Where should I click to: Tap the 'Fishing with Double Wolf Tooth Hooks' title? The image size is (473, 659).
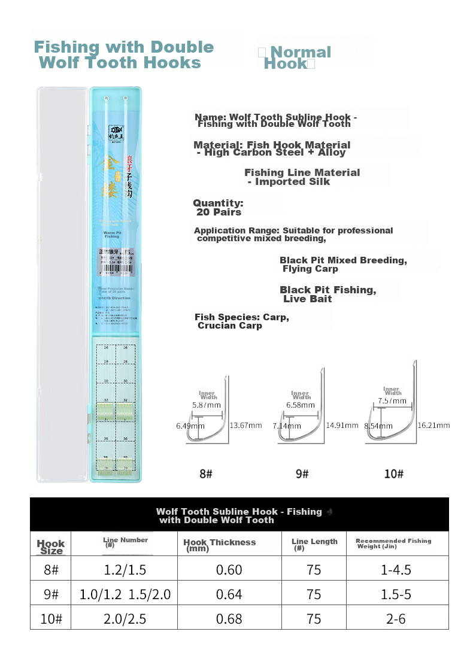(124, 54)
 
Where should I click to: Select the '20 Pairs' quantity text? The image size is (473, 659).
(219, 212)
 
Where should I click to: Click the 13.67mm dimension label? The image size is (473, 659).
(247, 426)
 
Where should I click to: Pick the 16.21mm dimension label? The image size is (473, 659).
(434, 425)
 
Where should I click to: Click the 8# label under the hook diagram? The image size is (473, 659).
(206, 474)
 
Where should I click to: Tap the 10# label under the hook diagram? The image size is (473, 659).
(393, 474)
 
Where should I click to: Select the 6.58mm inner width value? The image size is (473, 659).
(301, 405)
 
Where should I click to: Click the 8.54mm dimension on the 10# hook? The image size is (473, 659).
(377, 426)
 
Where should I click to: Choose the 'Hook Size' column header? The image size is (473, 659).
(51, 546)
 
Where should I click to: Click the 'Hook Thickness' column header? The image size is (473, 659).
(219, 544)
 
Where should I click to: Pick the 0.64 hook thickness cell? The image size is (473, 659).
(229, 594)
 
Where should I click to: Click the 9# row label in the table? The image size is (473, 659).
(51, 594)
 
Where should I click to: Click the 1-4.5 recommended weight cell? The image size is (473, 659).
(396, 570)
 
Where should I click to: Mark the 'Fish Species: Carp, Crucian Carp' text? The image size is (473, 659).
(242, 321)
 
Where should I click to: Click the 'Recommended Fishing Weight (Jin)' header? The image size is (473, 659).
(393, 543)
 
